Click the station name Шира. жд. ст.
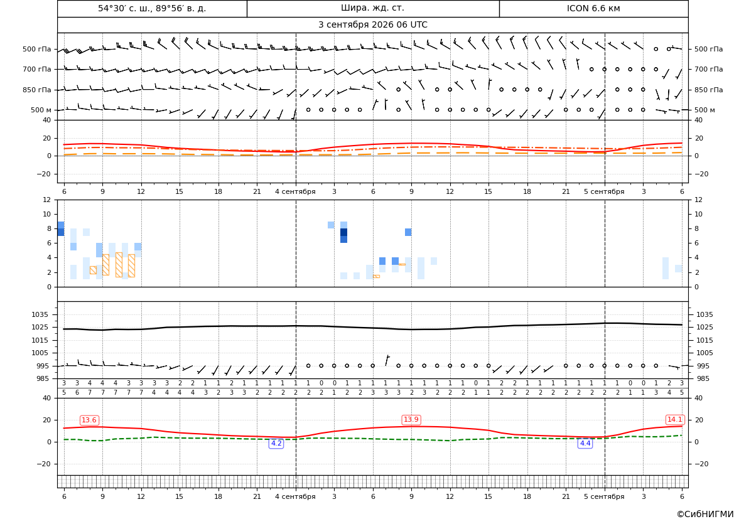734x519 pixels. pos(372,8)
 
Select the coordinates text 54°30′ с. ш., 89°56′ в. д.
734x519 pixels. pos(152,8)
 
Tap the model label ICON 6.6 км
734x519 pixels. pos(593,8)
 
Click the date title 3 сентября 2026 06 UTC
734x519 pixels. pos(372,25)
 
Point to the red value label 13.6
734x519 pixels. pos(89,420)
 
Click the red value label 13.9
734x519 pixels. pos(411,419)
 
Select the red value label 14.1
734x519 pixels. pos(674,419)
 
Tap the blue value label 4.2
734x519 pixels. pos(277,443)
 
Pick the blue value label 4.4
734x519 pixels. pos(585,443)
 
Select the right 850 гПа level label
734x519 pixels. pos(709,90)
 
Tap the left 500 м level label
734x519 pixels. pos(41,110)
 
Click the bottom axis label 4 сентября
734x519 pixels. pos(295,496)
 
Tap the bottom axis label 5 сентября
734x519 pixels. pos(604,496)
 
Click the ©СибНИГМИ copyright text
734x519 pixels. pos(705,515)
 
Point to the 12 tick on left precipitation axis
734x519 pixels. pos(47,200)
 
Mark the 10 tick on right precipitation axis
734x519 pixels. pos(699,215)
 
